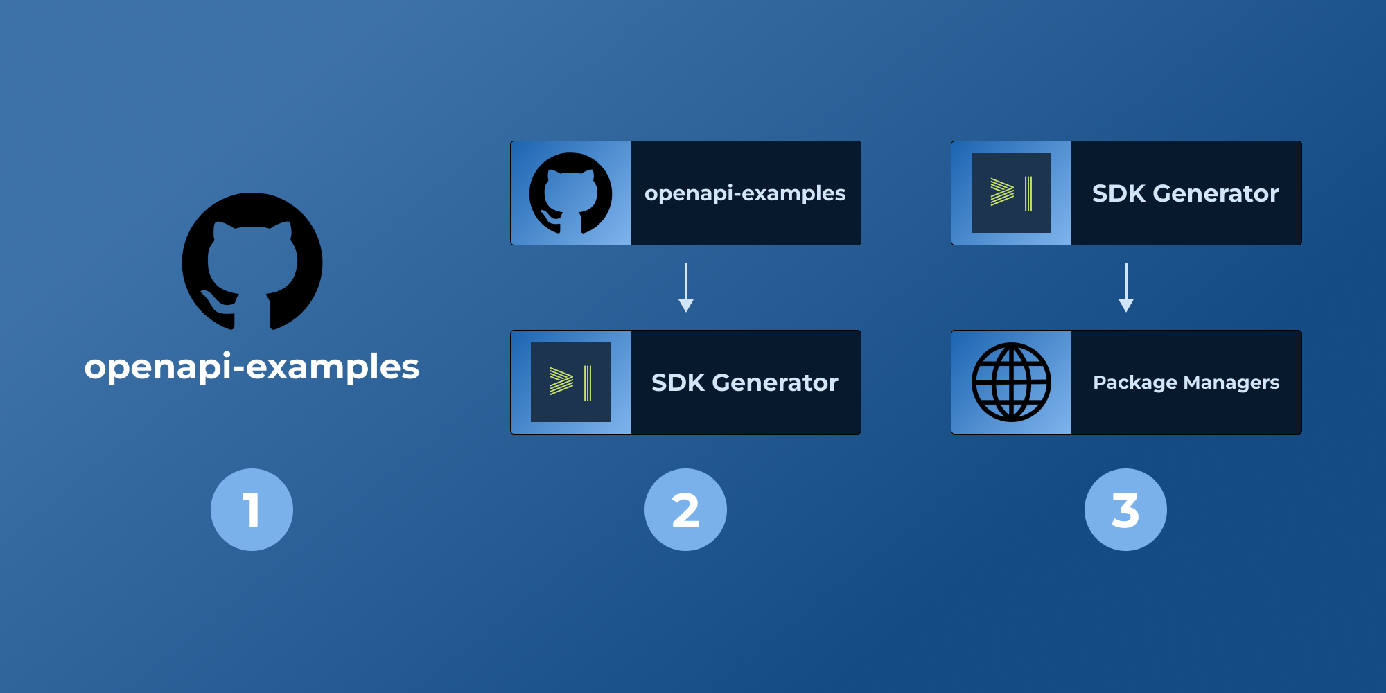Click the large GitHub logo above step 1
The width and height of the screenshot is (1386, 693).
tap(252, 261)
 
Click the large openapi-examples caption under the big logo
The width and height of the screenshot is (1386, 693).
tap(252, 367)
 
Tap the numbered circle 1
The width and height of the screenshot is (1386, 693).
tap(252, 510)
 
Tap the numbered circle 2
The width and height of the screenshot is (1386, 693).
tap(685, 510)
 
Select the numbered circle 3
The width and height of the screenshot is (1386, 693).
tap(1125, 510)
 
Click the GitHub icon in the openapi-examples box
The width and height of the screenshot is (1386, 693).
tap(570, 193)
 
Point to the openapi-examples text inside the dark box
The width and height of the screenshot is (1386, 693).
tap(745, 193)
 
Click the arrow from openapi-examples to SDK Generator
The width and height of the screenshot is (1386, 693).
tap(686, 286)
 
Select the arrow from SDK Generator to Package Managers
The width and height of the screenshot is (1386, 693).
tap(1126, 286)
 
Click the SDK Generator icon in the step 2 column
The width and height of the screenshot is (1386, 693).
tap(570, 383)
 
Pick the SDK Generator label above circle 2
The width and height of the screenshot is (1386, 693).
tap(745, 383)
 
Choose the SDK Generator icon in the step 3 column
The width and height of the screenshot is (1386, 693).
tap(1011, 193)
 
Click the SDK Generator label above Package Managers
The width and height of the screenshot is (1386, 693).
tap(1186, 193)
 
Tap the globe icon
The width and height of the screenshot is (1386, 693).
tap(1011, 383)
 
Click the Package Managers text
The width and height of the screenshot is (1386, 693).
tap(1186, 383)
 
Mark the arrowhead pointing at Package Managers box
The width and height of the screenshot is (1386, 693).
tap(1126, 305)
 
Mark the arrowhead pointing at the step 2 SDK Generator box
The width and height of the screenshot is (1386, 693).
tap(686, 305)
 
